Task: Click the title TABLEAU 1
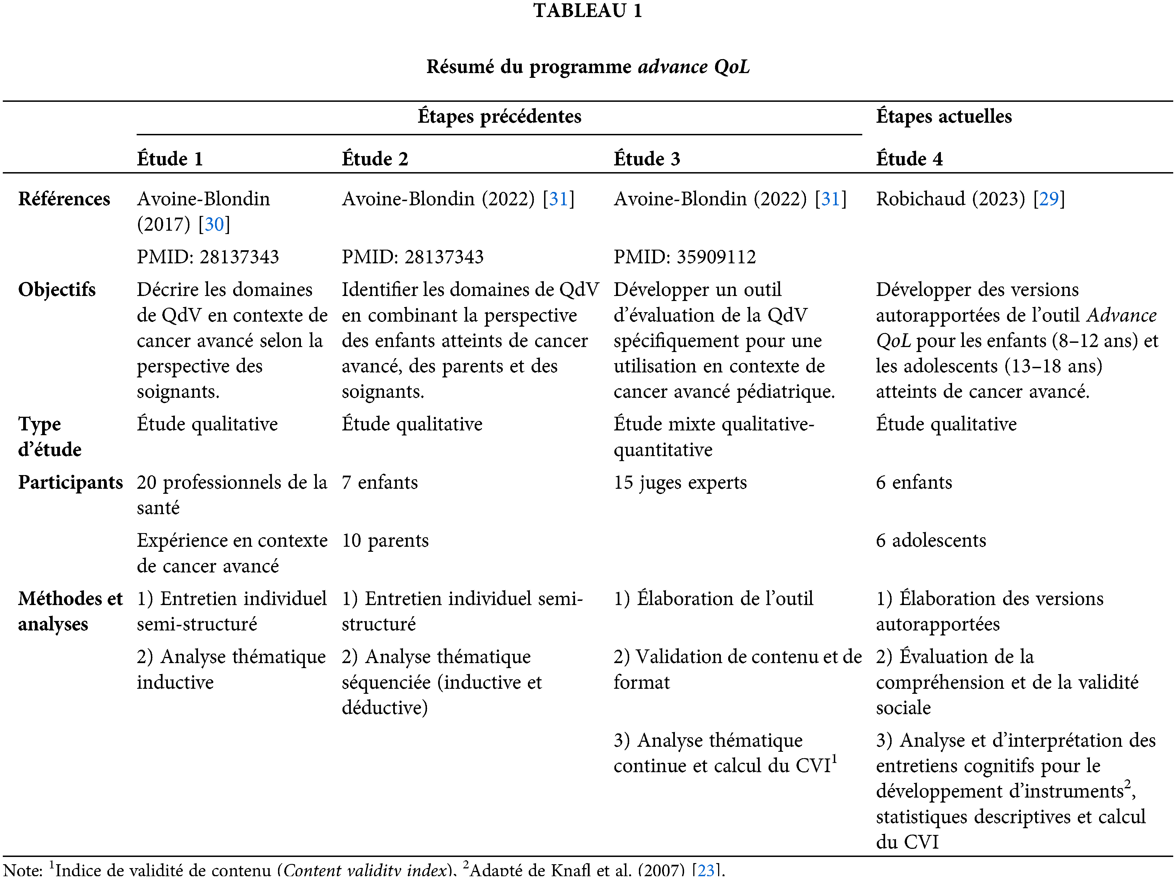(588, 11)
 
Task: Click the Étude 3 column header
(646, 159)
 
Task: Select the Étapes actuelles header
(944, 116)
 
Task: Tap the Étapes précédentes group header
(499, 116)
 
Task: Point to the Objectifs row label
(57, 290)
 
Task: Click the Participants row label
(70, 482)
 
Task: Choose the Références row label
(64, 199)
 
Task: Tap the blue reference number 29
(1048, 199)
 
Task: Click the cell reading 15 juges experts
(680, 482)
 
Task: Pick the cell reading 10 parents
(385, 540)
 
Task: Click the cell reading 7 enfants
(380, 482)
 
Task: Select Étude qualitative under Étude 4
(946, 424)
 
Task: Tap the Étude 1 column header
(170, 159)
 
